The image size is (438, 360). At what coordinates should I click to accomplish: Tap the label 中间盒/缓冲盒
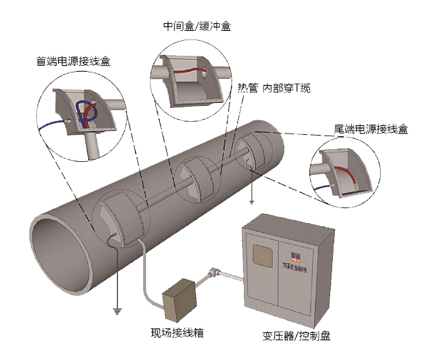197,27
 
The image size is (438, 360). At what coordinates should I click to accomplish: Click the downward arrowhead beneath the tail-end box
253,202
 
